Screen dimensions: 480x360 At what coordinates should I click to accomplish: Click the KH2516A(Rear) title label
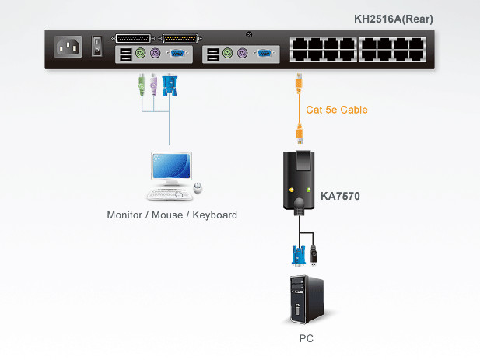point(394,19)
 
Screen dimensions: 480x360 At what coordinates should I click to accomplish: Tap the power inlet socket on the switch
point(68,47)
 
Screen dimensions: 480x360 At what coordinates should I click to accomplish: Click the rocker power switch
point(97,46)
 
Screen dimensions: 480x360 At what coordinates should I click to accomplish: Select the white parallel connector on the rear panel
point(133,39)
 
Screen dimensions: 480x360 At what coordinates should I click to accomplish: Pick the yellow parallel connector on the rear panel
point(180,39)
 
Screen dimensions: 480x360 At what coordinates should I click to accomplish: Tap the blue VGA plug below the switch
point(170,85)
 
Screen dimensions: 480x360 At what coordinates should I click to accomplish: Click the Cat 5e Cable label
point(337,110)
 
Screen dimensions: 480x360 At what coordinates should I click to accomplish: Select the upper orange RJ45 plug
point(299,82)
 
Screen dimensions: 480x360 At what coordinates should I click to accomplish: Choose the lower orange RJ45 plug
point(300,134)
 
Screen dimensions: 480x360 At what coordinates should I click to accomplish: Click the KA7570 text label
point(340,196)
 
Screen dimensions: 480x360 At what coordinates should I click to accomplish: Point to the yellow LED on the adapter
point(292,190)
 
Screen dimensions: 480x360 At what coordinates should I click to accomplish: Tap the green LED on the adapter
point(309,190)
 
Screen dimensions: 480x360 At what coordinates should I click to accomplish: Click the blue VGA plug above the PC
point(298,255)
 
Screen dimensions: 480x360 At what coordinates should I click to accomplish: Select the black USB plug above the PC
point(314,254)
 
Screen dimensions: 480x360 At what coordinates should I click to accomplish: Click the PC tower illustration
point(307,299)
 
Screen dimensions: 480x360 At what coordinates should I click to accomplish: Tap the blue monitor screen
point(171,166)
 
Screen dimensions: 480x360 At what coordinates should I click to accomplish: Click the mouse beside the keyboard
point(198,187)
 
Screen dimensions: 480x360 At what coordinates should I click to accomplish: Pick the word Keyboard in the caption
point(215,215)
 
